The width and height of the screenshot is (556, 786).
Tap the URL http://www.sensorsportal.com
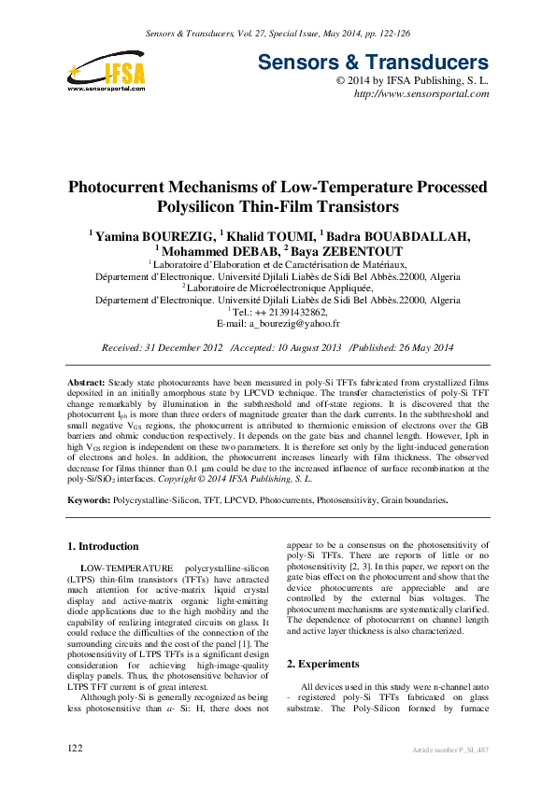pyautogui.click(x=421, y=95)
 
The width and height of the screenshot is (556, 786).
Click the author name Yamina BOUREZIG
pyautogui.click(x=148, y=235)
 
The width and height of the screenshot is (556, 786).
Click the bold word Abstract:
pyautogui.click(x=86, y=384)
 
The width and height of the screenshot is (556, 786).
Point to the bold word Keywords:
pyautogui.click(x=89, y=500)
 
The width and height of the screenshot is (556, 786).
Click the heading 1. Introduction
pyautogui.click(x=104, y=546)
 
